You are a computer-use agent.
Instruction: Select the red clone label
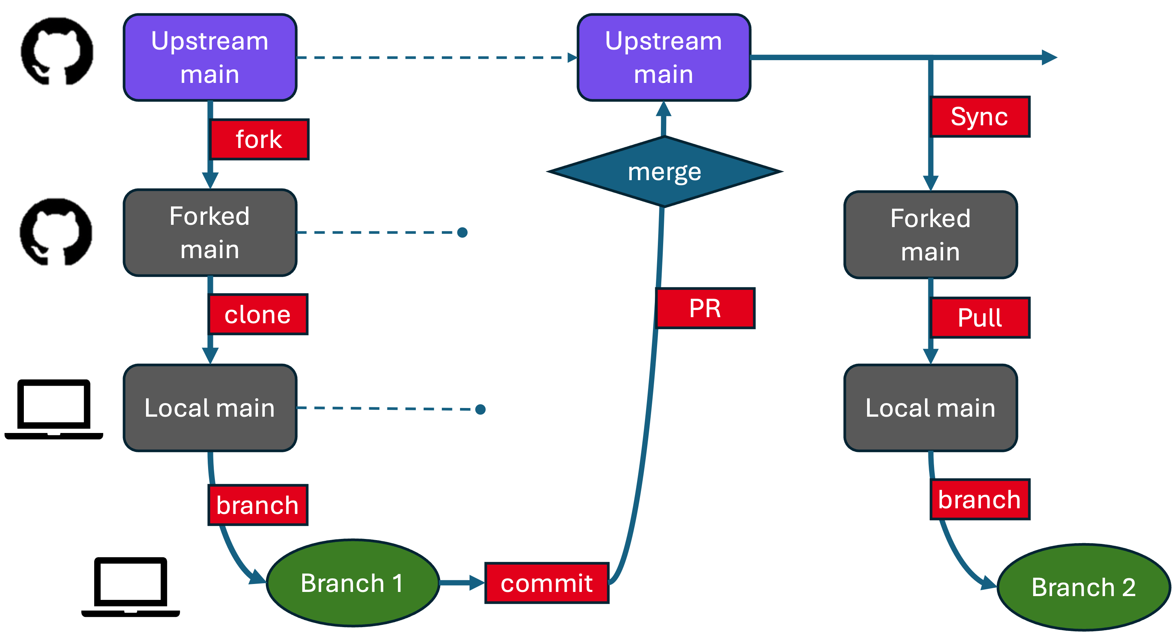click(258, 315)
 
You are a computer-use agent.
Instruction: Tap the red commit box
click(546, 583)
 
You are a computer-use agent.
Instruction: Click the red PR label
click(705, 308)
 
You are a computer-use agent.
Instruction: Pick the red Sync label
click(979, 117)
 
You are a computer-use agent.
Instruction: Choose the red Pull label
click(979, 318)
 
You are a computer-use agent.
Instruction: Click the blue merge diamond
click(664, 172)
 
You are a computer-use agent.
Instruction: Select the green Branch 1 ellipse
click(352, 583)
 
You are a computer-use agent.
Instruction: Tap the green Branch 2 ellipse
click(1083, 587)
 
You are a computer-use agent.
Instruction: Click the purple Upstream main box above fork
click(210, 58)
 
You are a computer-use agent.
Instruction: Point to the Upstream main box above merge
click(663, 58)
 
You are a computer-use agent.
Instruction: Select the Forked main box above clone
click(210, 233)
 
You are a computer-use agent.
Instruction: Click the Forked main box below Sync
click(930, 235)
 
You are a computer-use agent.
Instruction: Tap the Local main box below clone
click(210, 408)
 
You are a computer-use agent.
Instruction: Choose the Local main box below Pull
click(930, 408)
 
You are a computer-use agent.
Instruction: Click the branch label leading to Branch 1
click(258, 505)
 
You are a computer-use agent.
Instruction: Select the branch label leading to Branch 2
click(979, 499)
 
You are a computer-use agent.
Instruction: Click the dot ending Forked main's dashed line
click(462, 233)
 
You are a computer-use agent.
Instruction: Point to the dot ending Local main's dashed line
click(480, 409)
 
